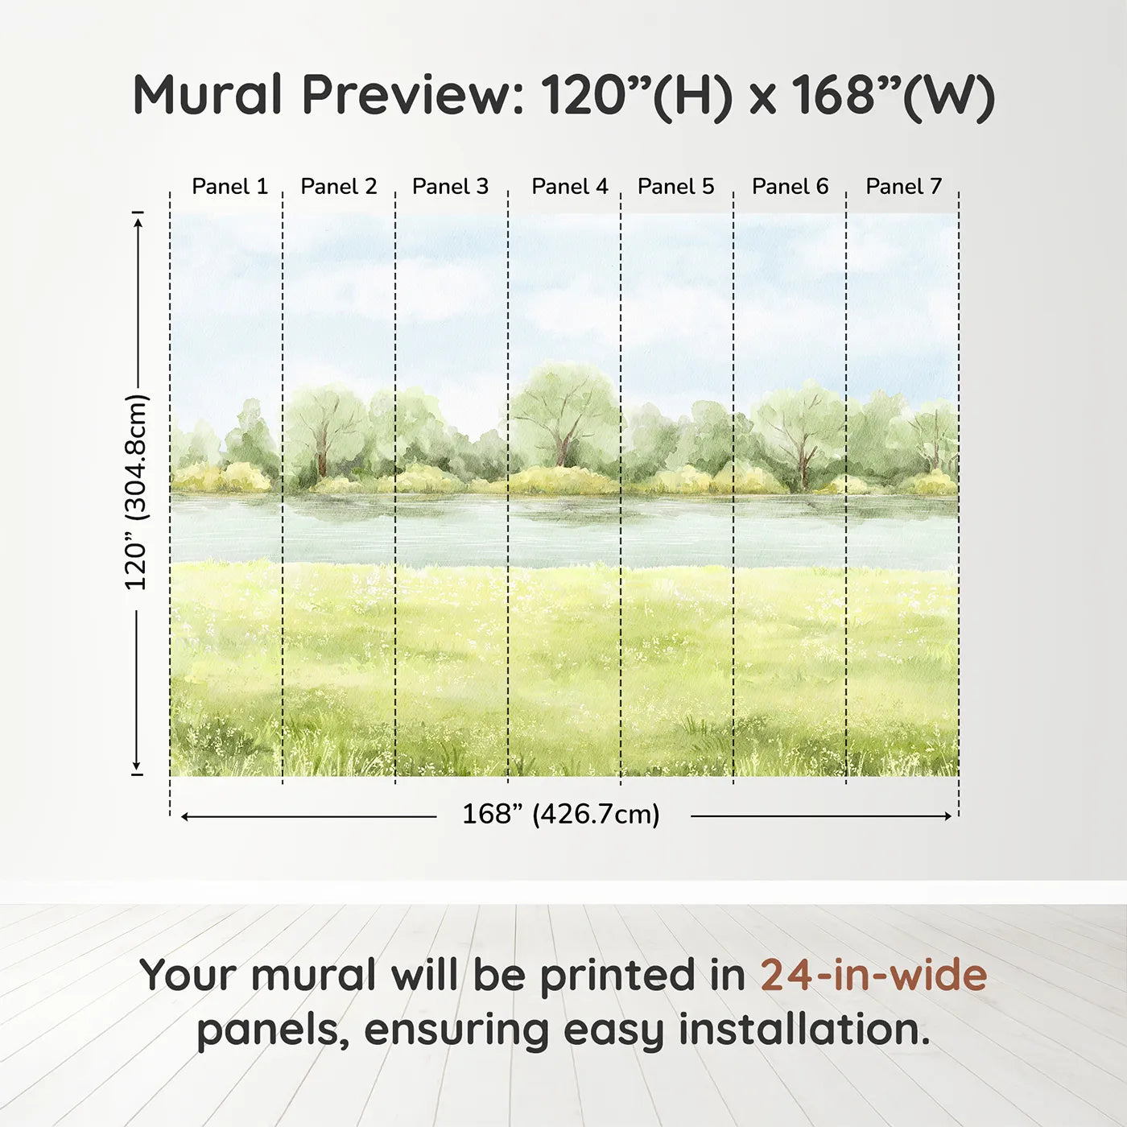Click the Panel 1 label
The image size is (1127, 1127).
(229, 187)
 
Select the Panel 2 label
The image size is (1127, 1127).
(338, 187)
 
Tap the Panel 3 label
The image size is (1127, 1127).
(450, 187)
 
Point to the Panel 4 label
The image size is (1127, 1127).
(569, 187)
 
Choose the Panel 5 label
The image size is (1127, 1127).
(675, 187)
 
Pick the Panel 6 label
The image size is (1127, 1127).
(790, 187)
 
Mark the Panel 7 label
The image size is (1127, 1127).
(903, 187)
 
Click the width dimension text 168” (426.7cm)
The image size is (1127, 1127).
(560, 815)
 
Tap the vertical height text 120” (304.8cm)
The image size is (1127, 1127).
(137, 493)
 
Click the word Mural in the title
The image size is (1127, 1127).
(208, 95)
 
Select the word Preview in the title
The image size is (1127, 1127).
(412, 95)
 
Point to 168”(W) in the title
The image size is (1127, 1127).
(894, 95)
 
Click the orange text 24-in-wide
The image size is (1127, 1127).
(873, 976)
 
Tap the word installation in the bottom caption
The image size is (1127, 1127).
(803, 1030)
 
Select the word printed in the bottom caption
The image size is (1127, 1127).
(618, 976)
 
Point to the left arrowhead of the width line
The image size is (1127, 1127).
(185, 816)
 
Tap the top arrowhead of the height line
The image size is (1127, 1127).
(138, 221)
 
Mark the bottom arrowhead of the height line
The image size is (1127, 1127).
(137, 766)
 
